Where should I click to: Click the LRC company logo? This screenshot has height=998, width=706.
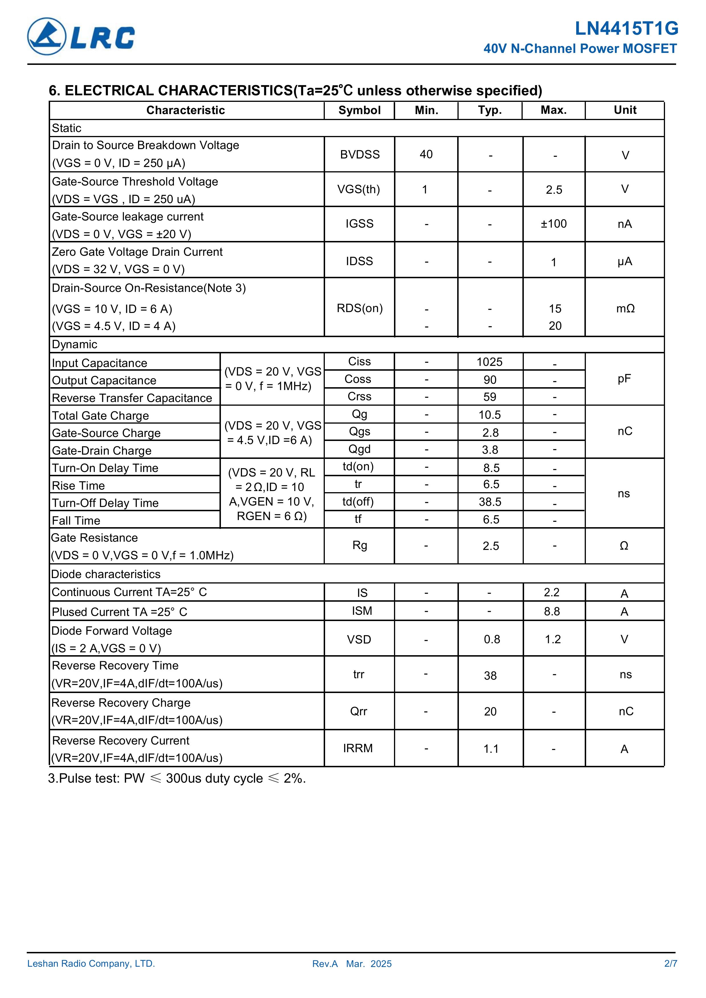click(x=81, y=36)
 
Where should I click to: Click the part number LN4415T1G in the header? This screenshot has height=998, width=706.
click(x=626, y=29)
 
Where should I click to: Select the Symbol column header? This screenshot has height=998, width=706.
click(x=359, y=110)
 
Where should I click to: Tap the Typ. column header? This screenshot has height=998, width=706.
click(x=490, y=110)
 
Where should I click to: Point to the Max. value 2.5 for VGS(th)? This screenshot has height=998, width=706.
click(x=554, y=190)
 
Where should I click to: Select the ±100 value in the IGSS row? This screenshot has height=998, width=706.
click(x=553, y=224)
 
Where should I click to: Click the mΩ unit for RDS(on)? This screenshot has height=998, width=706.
click(x=625, y=309)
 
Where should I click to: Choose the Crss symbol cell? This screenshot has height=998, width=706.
click(x=359, y=396)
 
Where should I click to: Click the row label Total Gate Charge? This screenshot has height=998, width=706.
click(x=100, y=416)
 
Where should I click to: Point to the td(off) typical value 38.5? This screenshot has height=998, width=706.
click(x=490, y=502)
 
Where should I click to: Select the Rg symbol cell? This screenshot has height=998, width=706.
click(x=359, y=545)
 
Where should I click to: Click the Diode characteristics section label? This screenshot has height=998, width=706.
click(x=106, y=574)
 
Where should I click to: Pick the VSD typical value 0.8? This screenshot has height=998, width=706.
click(x=492, y=640)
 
